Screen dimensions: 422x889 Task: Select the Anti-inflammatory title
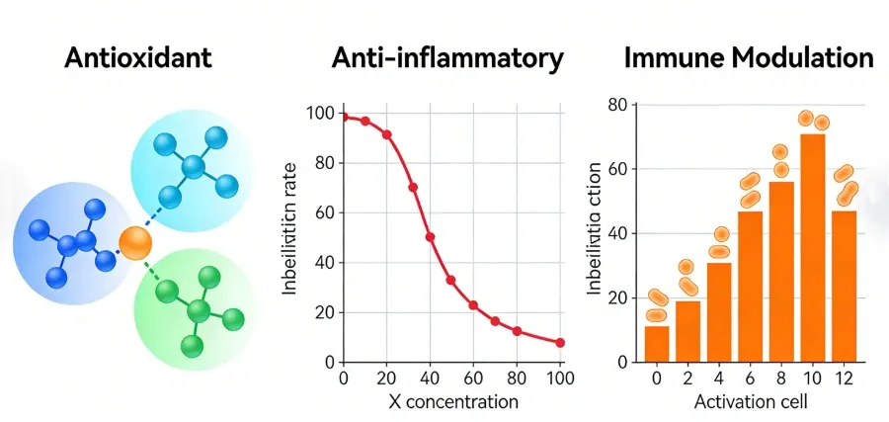coord(447,58)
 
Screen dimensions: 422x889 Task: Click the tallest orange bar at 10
coord(813,247)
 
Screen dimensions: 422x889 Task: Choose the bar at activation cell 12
coord(845,286)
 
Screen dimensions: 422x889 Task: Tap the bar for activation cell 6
coord(751,287)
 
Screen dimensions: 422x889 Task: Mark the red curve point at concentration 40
coord(430,237)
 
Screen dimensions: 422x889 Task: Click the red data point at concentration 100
coord(560,343)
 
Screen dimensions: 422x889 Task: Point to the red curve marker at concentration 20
coord(386,134)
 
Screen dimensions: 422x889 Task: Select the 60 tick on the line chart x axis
coord(473,378)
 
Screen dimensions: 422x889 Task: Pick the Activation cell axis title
coord(750,402)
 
